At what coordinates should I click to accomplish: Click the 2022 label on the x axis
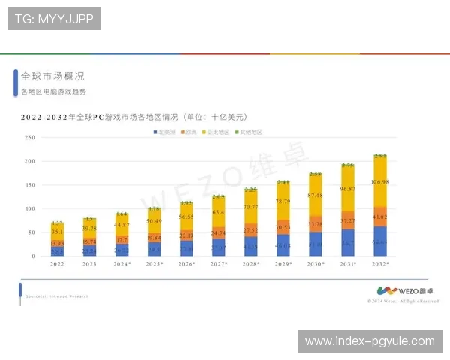58,264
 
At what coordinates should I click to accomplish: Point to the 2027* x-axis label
219,264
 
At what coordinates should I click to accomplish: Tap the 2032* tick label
380,264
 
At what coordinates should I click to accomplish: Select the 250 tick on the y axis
31,138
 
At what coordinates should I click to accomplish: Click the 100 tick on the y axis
31,209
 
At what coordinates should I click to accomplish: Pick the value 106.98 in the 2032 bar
380,181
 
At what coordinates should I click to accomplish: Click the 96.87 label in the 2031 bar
348,189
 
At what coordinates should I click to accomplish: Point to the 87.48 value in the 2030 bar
316,196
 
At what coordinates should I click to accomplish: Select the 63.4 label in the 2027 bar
219,212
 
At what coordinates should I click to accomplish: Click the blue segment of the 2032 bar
380,241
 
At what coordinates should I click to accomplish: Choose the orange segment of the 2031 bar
348,222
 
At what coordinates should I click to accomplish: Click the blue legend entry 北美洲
164,132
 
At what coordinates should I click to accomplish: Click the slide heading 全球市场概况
52,76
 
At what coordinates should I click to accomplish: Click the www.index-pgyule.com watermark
370,341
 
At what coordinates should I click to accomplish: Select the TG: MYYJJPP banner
54,19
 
